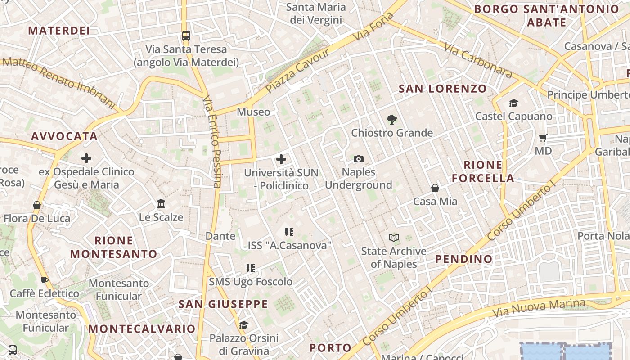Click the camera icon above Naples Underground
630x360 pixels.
click(359, 159)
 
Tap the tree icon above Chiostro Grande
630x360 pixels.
click(391, 120)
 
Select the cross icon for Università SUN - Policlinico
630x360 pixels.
click(281, 159)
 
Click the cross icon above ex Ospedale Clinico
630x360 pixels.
click(86, 158)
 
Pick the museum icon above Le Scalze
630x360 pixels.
click(161, 204)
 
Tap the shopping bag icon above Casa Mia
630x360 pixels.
click(435, 188)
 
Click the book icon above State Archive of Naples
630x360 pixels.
click(394, 238)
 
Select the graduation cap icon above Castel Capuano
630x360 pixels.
click(513, 103)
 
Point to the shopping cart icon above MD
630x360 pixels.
click(543, 138)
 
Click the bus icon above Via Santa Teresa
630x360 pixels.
click(186, 36)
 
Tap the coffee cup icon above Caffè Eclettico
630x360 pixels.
click(45, 281)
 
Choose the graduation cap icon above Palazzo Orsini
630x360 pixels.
click(243, 325)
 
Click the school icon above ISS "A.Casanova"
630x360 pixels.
click(289, 232)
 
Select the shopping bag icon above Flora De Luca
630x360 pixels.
click(37, 206)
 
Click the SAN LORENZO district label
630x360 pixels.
click(443, 89)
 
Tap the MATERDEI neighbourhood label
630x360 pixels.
click(59, 31)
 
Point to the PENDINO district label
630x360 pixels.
click(464, 259)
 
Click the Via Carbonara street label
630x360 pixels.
click(478, 60)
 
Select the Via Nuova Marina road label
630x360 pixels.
click(539, 308)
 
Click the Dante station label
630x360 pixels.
click(220, 236)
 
